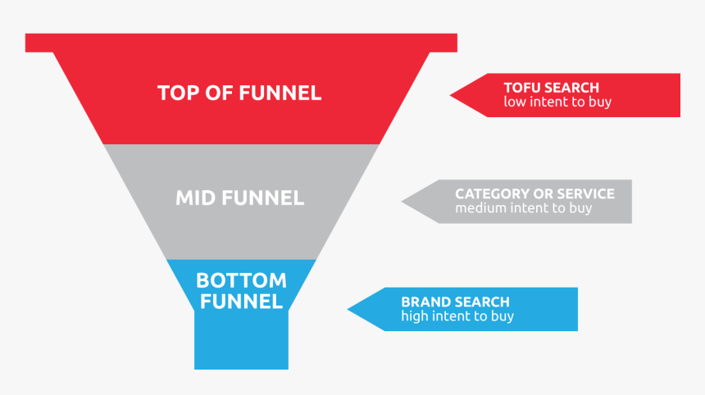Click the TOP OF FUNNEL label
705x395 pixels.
click(x=239, y=93)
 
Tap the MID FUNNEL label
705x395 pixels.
click(x=239, y=197)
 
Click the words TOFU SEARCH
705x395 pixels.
click(x=551, y=88)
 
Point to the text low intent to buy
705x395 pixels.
click(x=557, y=102)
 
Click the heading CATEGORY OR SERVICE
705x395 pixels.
click(x=534, y=194)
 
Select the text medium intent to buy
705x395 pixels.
click(x=523, y=208)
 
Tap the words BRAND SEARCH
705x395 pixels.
click(x=455, y=302)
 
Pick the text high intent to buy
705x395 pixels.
click(x=457, y=316)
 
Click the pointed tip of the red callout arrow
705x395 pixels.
click(x=452, y=95)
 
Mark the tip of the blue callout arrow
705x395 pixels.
click(x=349, y=309)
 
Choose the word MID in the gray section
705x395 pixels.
click(x=194, y=197)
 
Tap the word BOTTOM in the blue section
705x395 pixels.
click(x=241, y=281)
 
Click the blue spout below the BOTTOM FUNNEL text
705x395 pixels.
click(x=241, y=340)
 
